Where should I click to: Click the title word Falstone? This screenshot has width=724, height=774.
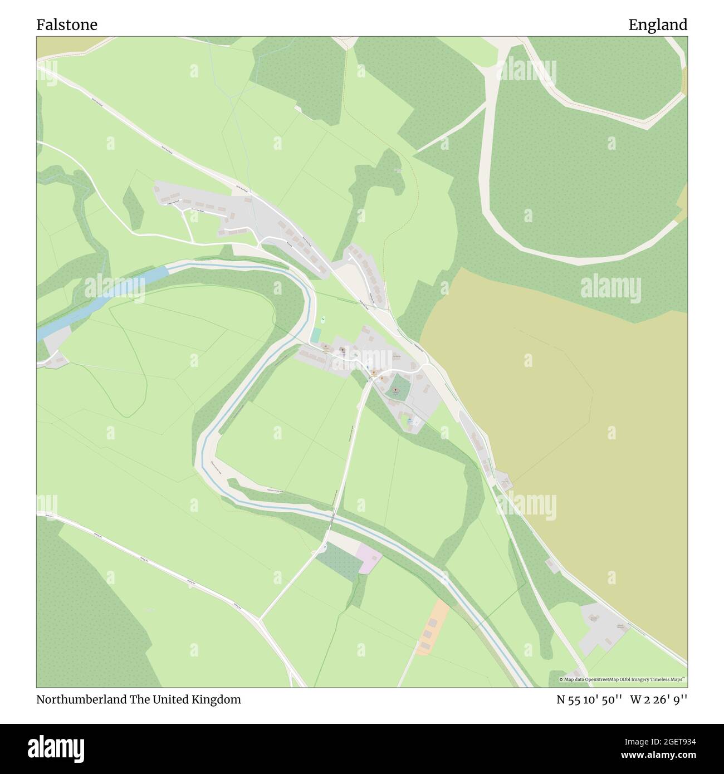[x=67, y=25]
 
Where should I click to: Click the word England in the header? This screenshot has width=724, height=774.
[x=658, y=25]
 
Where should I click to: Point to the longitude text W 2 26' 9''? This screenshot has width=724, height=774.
[x=659, y=700]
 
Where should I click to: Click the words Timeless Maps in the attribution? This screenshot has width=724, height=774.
[x=671, y=680]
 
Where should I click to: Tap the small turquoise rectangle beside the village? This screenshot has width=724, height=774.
[x=316, y=335]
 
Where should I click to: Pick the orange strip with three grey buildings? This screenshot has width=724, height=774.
[x=433, y=626]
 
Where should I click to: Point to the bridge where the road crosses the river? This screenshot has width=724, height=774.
[x=332, y=518]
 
